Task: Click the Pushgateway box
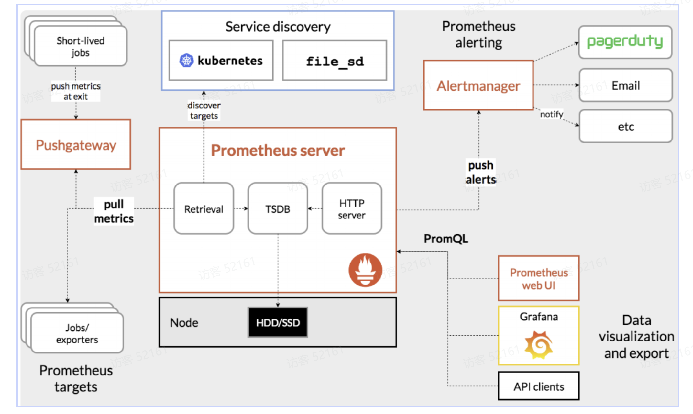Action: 76,145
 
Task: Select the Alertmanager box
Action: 478,85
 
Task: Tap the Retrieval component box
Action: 203,209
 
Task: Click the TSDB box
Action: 278,209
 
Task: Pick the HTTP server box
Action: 352,209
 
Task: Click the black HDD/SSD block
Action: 278,322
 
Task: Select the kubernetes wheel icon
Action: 186,61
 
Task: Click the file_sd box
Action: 335,61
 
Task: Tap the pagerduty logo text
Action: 625,41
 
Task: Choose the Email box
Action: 625,85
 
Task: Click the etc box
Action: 625,127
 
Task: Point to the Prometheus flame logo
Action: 365,270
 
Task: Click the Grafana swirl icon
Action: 539,345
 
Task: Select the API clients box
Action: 539,386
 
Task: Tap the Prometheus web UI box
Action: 539,279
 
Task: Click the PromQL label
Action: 446,239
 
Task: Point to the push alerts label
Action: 481,172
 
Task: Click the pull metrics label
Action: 114,211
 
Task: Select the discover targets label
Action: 204,111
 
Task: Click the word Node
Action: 184,323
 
